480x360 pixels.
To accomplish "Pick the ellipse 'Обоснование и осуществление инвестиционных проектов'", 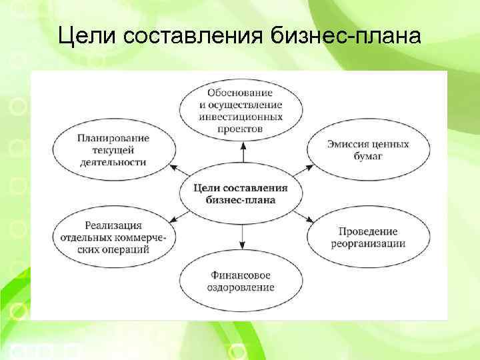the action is pos(241,110).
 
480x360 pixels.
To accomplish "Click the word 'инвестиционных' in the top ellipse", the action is pos(241,116).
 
